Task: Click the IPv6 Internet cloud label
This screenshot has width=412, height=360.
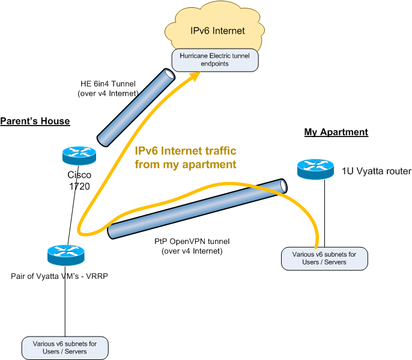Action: tap(217, 31)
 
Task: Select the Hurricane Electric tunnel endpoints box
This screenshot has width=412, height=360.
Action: tap(215, 60)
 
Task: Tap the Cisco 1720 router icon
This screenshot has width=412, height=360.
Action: tap(79, 156)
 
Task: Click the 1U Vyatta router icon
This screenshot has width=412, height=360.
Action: tap(315, 169)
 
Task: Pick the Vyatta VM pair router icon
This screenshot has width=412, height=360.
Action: tap(66, 255)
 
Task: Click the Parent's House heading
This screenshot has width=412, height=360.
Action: tap(35, 121)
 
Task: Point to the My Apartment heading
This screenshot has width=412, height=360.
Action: tap(336, 132)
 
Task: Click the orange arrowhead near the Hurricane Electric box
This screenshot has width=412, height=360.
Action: tap(195, 76)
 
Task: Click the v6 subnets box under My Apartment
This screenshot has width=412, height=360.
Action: tap(324, 258)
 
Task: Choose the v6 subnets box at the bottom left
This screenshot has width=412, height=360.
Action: tap(65, 348)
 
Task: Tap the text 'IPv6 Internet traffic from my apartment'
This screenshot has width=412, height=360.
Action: tap(186, 157)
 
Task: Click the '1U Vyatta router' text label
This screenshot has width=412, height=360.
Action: tap(376, 171)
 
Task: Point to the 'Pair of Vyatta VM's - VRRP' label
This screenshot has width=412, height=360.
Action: tap(59, 276)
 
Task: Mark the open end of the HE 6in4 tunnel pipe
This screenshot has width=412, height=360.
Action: tap(169, 75)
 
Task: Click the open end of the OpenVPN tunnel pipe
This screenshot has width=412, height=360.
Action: tap(283, 186)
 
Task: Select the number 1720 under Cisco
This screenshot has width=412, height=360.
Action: tap(79, 186)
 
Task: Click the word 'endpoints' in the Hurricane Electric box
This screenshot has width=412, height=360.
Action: tap(214, 64)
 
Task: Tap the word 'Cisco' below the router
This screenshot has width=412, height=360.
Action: tap(79, 175)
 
